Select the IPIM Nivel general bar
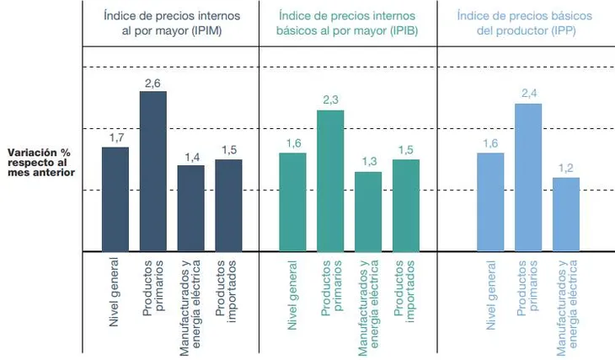[115, 199]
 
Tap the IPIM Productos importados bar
[228, 205]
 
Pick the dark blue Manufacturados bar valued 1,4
[191, 208]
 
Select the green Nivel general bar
[293, 201]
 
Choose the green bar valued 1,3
[368, 212]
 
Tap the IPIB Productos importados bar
[406, 205]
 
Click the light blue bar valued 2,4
[528, 177]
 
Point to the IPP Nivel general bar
[490, 201]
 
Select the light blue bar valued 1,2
[566, 214]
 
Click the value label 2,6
[152, 82]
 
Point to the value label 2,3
[330, 100]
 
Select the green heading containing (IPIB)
[347, 23]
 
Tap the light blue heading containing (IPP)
[524, 23]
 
